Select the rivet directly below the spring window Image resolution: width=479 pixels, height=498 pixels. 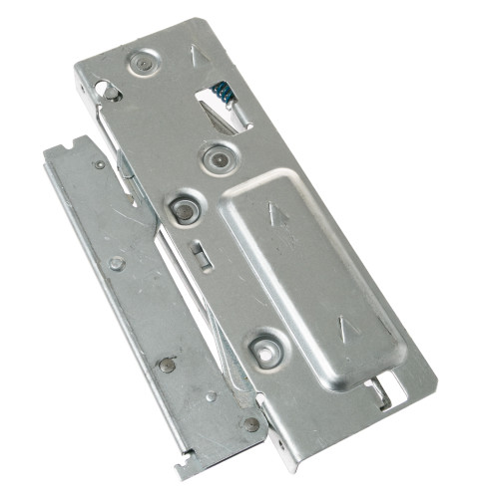point(217,157)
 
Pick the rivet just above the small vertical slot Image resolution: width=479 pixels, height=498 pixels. point(184,209)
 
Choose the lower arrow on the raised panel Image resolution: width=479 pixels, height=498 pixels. point(346,324)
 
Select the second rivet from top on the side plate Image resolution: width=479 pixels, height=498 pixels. point(117,263)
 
